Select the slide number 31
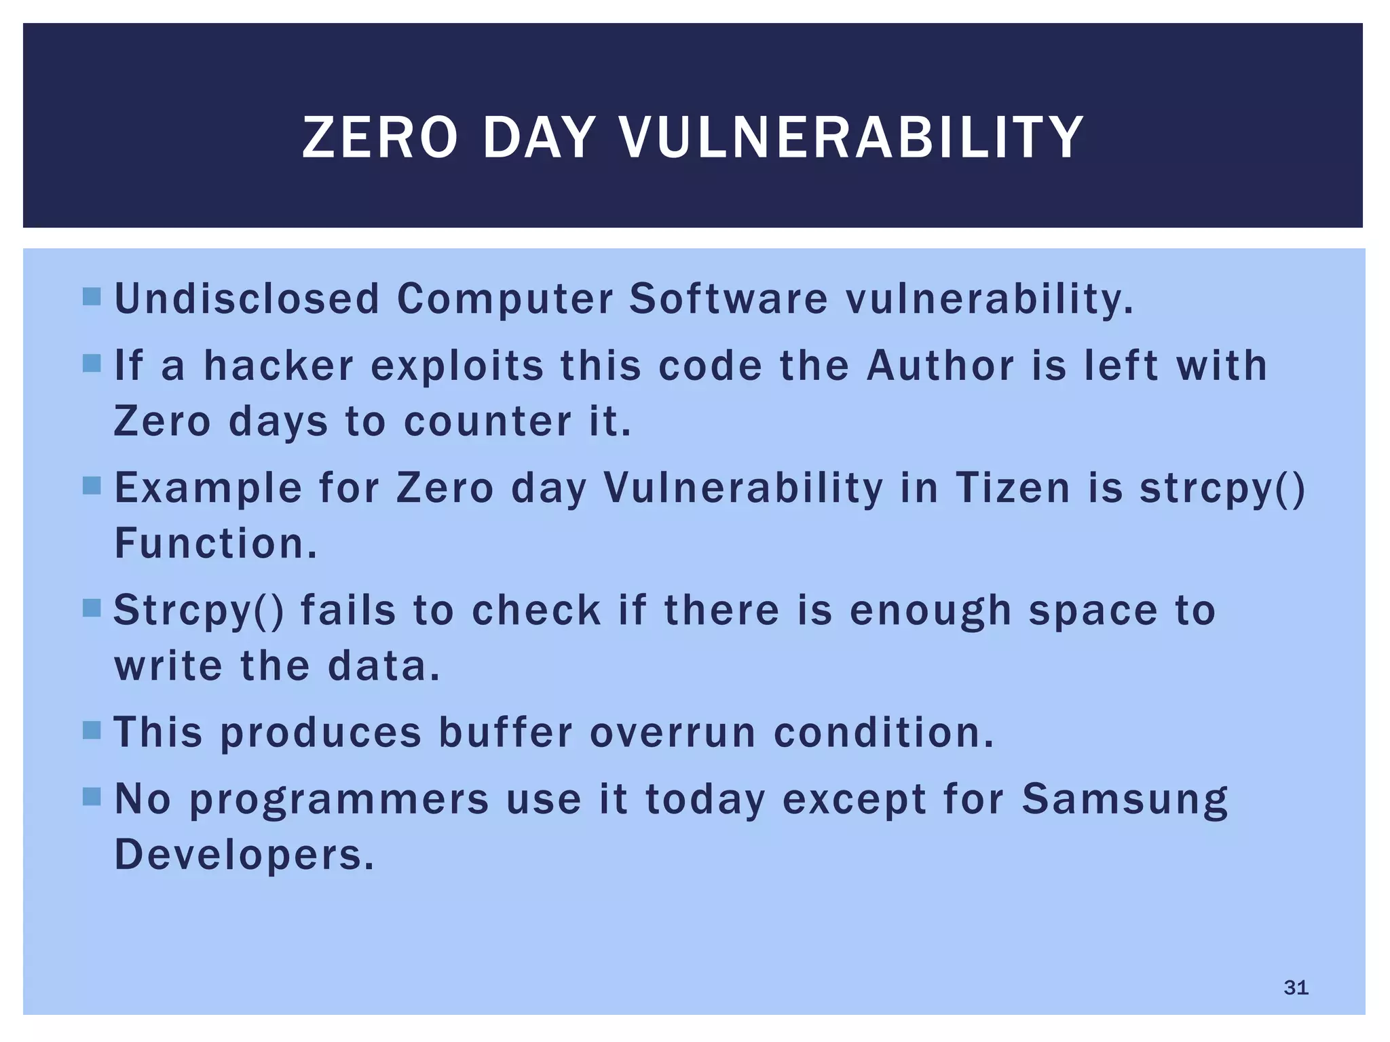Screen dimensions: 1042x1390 [x=1296, y=987]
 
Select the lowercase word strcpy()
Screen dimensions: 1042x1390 [x=1222, y=488]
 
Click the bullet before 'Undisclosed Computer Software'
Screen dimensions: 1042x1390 [x=92, y=296]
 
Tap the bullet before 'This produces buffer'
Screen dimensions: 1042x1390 [x=92, y=730]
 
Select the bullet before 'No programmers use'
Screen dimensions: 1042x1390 [x=92, y=796]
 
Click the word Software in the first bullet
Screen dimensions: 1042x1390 [x=728, y=298]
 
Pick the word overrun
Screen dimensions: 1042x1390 [x=673, y=733]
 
